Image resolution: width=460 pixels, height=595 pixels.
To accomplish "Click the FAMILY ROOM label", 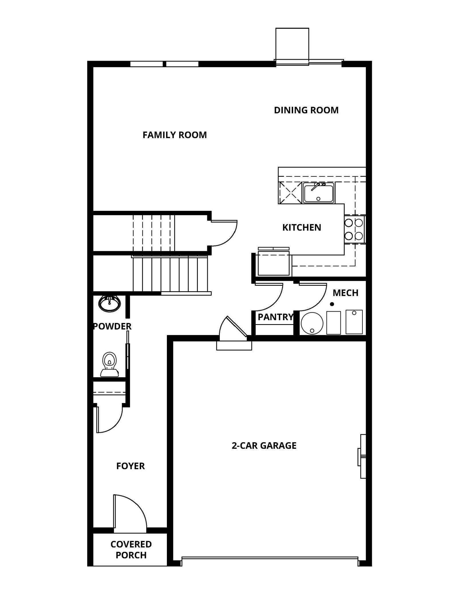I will tap(175, 135).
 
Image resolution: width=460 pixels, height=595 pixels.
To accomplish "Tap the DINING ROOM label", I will tap(306, 110).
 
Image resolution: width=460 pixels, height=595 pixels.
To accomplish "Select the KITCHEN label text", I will tap(301, 227).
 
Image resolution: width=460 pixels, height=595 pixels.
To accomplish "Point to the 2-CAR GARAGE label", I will tap(264, 445).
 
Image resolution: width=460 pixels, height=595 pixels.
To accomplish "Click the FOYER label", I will tap(131, 466).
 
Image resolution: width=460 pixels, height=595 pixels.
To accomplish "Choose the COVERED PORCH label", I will tap(131, 550).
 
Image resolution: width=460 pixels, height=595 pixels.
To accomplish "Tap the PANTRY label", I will tap(275, 317).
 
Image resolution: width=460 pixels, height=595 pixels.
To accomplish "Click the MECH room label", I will tap(345, 293).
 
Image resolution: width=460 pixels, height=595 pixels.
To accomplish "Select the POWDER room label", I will tap(112, 326).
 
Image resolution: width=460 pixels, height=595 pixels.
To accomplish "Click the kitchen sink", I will tap(318, 193).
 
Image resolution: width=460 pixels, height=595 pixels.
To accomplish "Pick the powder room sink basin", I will tap(109, 303).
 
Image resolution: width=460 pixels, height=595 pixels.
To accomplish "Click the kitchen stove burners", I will tap(354, 229).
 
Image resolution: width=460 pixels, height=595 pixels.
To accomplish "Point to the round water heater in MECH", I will tap(312, 323).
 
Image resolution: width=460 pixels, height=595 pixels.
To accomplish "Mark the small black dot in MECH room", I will tap(332, 304).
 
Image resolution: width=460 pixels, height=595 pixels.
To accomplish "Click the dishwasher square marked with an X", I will tap(290, 193).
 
